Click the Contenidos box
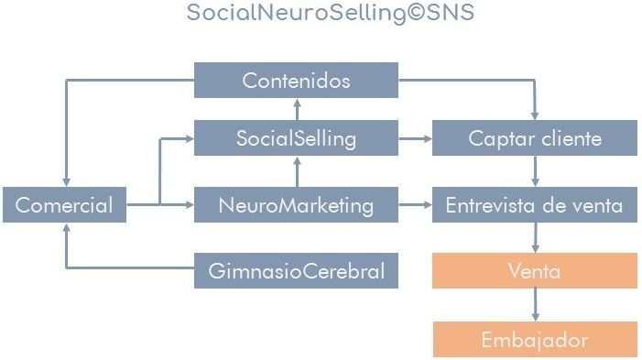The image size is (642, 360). (x=296, y=81)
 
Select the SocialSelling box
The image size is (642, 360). (x=296, y=139)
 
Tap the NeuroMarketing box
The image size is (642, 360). (x=296, y=205)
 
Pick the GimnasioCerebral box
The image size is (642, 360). (x=296, y=271)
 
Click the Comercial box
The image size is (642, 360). (x=63, y=205)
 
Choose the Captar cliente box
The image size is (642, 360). (x=535, y=139)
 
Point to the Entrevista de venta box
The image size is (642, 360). (x=535, y=205)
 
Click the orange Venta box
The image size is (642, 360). (x=535, y=271)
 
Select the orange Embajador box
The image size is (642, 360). (x=535, y=340)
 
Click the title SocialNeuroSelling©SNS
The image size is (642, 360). (x=330, y=14)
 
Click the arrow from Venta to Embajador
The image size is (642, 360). (x=535, y=305)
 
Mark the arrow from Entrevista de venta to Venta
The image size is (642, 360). (x=535, y=238)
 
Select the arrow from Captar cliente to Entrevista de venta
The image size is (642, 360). (x=535, y=172)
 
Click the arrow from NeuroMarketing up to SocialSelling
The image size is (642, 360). (x=296, y=172)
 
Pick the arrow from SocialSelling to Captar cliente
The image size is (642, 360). (x=416, y=139)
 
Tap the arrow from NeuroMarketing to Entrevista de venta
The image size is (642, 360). (x=416, y=205)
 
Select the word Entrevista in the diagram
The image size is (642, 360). (x=486, y=205)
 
